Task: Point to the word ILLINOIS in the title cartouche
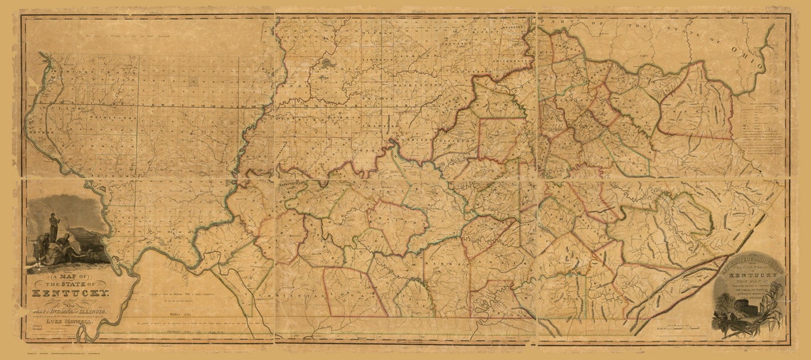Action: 91,312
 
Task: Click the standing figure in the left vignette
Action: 53,226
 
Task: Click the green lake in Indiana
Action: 327,63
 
